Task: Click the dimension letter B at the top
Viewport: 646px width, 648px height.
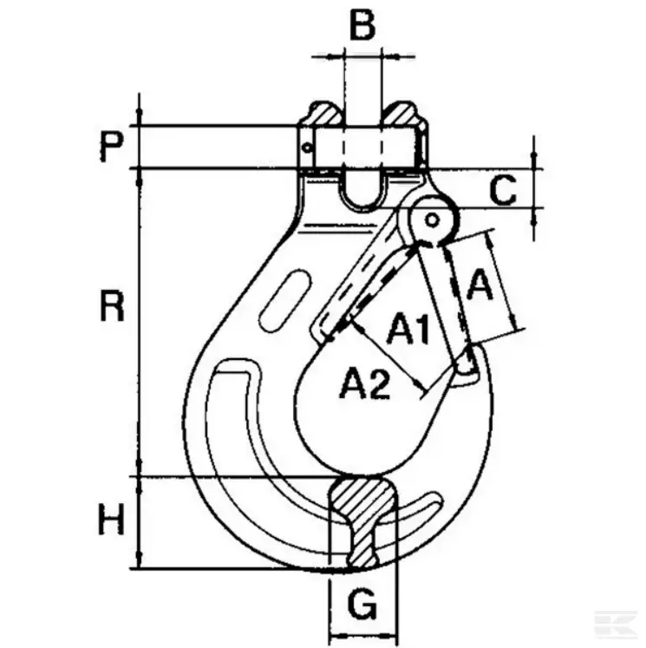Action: [362, 26]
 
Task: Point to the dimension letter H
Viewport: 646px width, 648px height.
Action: [111, 521]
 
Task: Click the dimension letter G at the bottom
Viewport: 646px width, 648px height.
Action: [363, 603]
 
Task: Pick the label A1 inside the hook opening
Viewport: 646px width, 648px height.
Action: [408, 329]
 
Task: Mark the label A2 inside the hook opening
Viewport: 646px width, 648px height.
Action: [364, 383]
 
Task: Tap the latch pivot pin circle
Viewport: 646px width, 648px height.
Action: [433, 219]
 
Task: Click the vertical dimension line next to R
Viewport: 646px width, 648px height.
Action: [140, 321]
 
